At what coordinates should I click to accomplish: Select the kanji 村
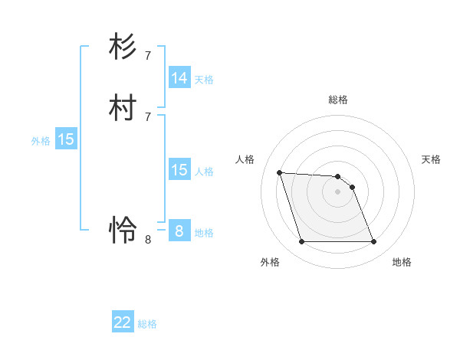[x=123, y=108]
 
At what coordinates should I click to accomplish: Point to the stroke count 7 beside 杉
[x=147, y=55]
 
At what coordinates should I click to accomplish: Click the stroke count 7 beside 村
[x=147, y=116]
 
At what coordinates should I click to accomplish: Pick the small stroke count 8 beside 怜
[x=147, y=239]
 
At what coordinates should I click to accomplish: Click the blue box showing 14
[x=179, y=78]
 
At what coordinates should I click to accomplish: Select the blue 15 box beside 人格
[x=179, y=170]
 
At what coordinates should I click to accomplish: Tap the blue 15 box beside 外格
[x=66, y=139]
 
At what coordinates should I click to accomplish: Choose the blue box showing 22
[x=123, y=322]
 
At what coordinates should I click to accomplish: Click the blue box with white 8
[x=179, y=231]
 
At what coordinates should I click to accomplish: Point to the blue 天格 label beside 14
[x=204, y=80]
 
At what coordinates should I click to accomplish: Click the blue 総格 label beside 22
[x=147, y=324]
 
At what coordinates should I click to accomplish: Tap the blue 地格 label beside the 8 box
[x=204, y=233]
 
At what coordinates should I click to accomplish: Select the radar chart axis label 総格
[x=338, y=100]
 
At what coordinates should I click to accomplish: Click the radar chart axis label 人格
[x=245, y=159]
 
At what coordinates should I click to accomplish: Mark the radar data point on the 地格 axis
[x=373, y=242]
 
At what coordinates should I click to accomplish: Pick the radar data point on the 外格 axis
[x=301, y=242]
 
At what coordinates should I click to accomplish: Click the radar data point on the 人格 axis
[x=279, y=172]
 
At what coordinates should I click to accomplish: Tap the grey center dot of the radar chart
[x=337, y=191]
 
